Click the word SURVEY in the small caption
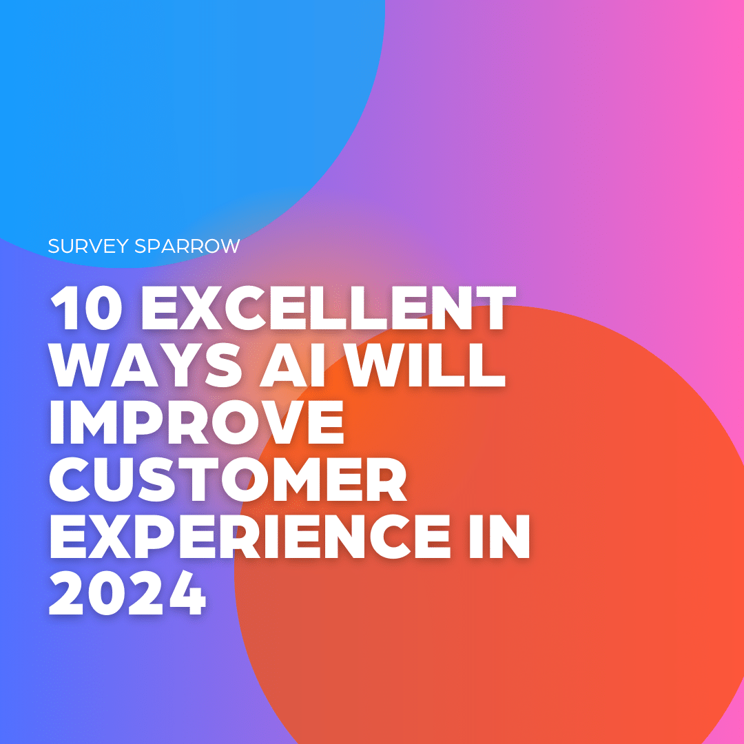pos(88,246)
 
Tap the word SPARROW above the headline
pos(187,246)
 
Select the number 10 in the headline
pos(86,308)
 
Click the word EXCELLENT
pos(329,308)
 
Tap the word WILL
pos(424,365)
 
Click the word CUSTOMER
pos(228,479)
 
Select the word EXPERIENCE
pos(250,536)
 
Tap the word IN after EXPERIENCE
pos(499,536)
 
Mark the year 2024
pos(127,593)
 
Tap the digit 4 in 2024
pos(187,593)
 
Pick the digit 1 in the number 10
pos(63,308)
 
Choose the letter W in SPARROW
pos(228,246)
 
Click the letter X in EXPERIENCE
pos(109,536)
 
